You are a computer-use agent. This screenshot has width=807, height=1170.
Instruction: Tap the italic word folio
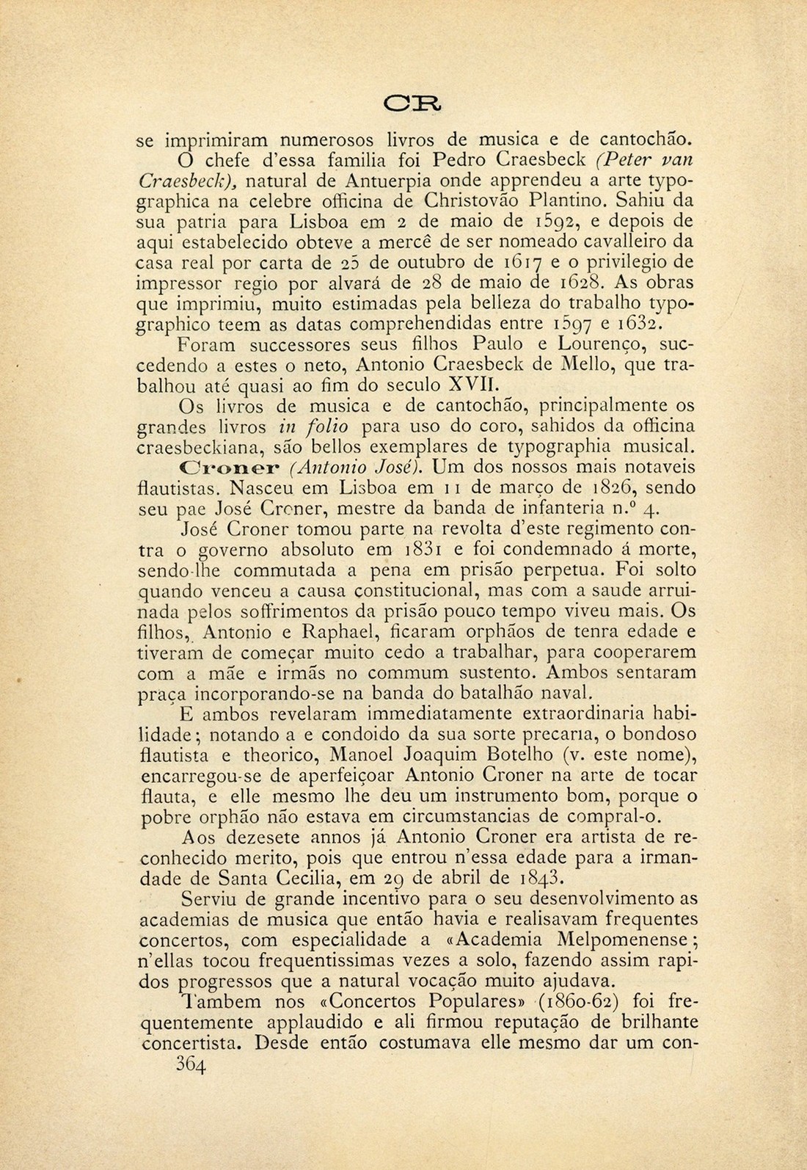point(326,426)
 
